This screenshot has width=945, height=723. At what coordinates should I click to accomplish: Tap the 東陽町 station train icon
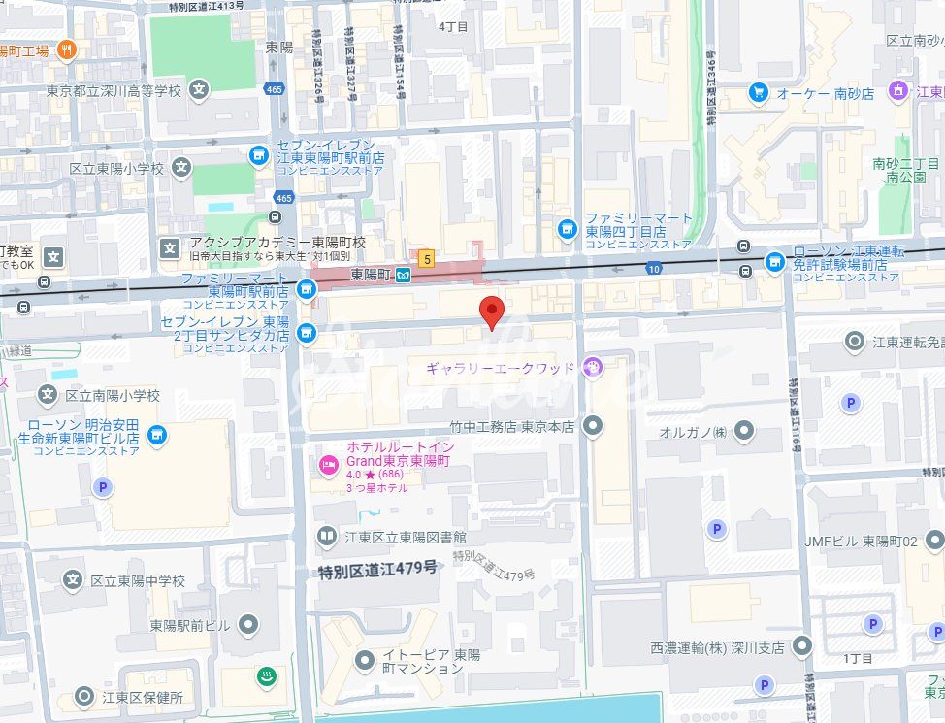point(403,276)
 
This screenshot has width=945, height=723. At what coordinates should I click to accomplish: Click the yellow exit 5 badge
point(425,259)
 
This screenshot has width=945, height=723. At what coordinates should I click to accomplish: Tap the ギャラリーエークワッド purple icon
point(594,367)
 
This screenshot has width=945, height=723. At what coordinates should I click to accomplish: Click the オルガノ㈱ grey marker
point(744,430)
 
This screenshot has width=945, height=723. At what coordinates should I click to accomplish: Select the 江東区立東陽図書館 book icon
point(327,536)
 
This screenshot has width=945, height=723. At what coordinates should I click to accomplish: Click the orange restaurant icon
point(66,49)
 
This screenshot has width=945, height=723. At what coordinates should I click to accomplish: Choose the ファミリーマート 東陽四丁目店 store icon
point(568,230)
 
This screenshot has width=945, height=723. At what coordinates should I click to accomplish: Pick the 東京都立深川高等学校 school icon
point(199,91)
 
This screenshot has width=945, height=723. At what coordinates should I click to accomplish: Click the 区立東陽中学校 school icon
point(72,580)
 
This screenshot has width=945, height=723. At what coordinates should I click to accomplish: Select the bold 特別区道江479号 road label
point(377,570)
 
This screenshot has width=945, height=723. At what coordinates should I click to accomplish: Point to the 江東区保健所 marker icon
point(84,696)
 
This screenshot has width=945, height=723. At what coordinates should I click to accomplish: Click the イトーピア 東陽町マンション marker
point(365,661)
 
